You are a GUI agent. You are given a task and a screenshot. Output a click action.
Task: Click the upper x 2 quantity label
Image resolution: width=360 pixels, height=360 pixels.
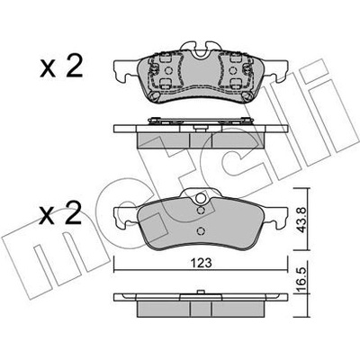pyautogui.click(x=61, y=67)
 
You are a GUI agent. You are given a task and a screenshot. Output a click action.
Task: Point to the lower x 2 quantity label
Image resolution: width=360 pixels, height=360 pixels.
pyautogui.click(x=61, y=213)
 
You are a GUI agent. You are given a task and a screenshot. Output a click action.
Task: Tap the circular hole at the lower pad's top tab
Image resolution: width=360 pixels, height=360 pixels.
pyautogui.click(x=201, y=198)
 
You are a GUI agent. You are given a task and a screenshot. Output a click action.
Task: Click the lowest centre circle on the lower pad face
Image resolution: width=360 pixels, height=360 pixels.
pyautogui.click(x=201, y=231)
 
